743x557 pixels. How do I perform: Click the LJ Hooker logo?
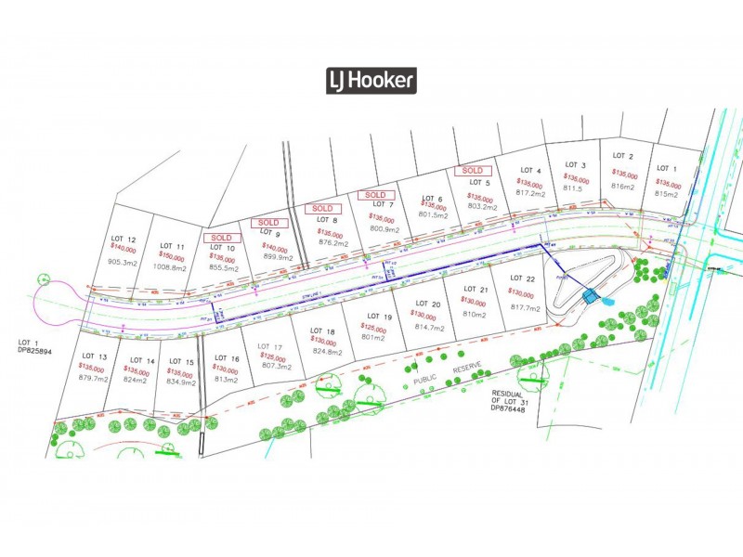371,81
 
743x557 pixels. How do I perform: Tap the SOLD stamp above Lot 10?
221,238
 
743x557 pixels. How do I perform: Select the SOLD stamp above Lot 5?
472,171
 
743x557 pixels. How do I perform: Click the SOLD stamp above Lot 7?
375,195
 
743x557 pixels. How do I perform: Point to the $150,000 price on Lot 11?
172,255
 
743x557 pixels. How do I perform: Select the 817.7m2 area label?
525,307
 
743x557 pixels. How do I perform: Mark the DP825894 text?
37,352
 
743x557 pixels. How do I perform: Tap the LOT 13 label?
96,356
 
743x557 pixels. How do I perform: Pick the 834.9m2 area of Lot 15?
182,382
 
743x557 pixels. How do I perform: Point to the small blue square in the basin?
590,296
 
